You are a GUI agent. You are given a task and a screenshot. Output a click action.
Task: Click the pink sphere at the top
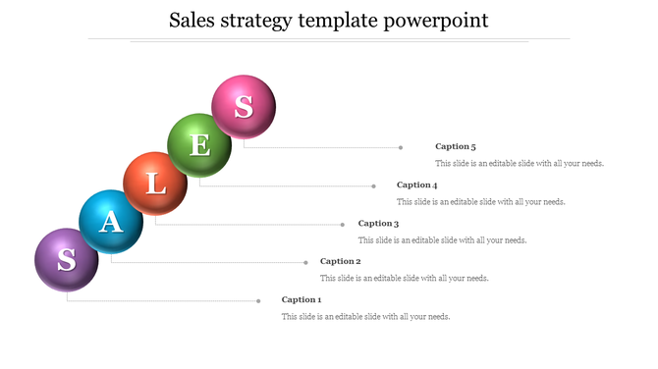click(x=244, y=106)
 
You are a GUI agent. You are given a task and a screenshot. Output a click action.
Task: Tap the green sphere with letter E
click(x=199, y=145)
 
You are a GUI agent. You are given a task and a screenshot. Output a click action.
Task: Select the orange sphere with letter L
click(x=155, y=184)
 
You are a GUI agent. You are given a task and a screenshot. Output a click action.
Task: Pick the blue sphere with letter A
click(x=111, y=222)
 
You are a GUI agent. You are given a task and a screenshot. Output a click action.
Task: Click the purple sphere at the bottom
click(x=67, y=260)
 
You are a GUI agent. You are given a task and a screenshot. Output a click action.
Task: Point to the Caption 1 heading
click(x=301, y=299)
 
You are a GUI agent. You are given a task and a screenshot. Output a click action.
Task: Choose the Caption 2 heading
click(x=340, y=261)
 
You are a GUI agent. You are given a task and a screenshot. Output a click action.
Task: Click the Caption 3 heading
click(x=378, y=224)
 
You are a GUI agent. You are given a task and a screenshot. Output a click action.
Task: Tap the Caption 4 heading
click(x=416, y=184)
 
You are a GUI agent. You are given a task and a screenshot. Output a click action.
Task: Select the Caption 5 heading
click(x=455, y=146)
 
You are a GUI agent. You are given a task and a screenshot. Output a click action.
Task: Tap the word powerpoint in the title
click(x=439, y=21)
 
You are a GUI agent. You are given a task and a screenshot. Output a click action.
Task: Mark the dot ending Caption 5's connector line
click(x=401, y=147)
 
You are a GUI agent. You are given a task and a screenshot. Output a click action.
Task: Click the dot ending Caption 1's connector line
click(x=259, y=300)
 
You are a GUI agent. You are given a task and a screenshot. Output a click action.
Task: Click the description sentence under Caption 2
click(x=405, y=278)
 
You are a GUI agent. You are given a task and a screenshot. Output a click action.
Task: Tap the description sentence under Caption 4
click(x=481, y=201)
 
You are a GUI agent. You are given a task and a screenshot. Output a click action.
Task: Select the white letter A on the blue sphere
click(x=112, y=222)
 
